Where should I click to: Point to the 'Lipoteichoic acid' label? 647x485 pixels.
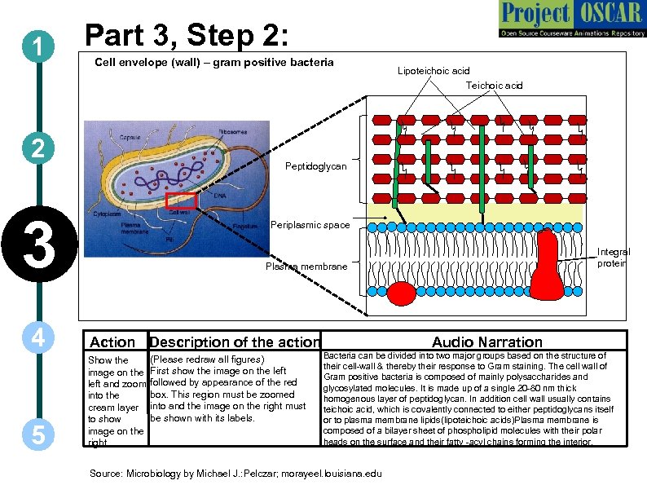tap(433, 71)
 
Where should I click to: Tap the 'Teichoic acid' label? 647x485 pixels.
tap(494, 85)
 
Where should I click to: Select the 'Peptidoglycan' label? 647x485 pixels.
tap(315, 166)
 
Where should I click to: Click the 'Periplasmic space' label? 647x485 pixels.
tap(310, 225)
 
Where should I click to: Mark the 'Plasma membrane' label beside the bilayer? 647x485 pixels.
tap(306, 267)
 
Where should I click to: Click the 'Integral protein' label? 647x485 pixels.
tap(613, 258)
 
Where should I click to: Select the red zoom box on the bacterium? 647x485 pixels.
tap(181, 201)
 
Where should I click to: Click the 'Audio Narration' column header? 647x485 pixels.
tap(486, 342)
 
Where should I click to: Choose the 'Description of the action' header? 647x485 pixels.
tap(235, 342)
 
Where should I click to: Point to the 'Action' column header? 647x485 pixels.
tap(112, 342)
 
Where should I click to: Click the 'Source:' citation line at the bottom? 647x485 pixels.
tap(235, 473)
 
